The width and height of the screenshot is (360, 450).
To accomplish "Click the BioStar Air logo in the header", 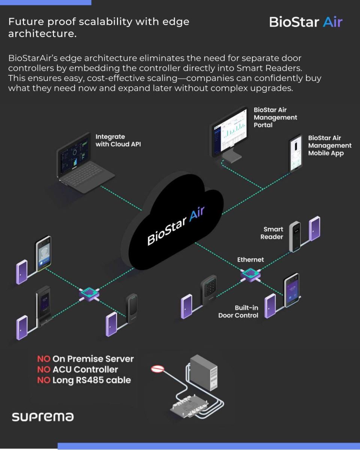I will [x=306, y=22].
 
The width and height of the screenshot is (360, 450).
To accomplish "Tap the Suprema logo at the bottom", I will [x=43, y=417].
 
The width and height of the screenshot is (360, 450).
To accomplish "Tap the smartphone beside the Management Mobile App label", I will [x=296, y=153].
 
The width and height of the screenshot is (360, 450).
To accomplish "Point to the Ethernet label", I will [x=250, y=259].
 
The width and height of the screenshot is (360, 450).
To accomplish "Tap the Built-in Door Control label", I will [x=239, y=312].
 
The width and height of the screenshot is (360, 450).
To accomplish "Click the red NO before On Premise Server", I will [x=43, y=359].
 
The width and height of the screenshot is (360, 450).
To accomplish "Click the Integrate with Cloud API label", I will [x=118, y=140].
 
